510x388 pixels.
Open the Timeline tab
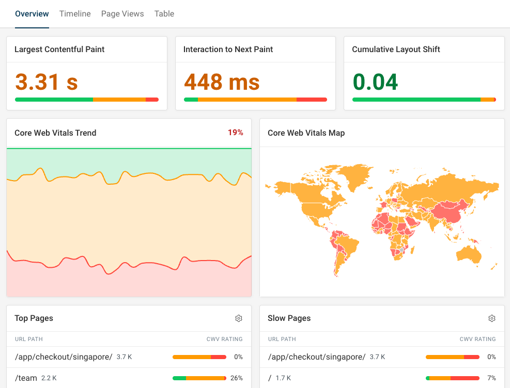tap(75, 14)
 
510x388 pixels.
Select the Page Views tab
tap(122, 14)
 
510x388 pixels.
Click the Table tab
tap(164, 14)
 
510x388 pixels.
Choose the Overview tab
tap(32, 14)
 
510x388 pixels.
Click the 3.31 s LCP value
tap(47, 82)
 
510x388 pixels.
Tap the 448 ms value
tap(222, 82)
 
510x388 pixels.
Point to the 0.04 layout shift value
tap(375, 82)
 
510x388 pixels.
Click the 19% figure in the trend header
tap(235, 133)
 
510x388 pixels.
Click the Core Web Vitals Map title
tap(306, 133)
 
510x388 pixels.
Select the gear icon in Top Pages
tap(239, 318)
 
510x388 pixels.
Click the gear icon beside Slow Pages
tap(492, 318)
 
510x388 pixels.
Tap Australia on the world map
tap(469, 254)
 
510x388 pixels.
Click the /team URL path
tap(26, 378)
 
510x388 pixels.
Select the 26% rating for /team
tap(237, 378)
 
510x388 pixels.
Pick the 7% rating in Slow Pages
tap(492, 378)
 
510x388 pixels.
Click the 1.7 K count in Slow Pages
tap(284, 378)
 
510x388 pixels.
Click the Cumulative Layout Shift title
tap(396, 50)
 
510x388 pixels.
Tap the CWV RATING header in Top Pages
tap(224, 339)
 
